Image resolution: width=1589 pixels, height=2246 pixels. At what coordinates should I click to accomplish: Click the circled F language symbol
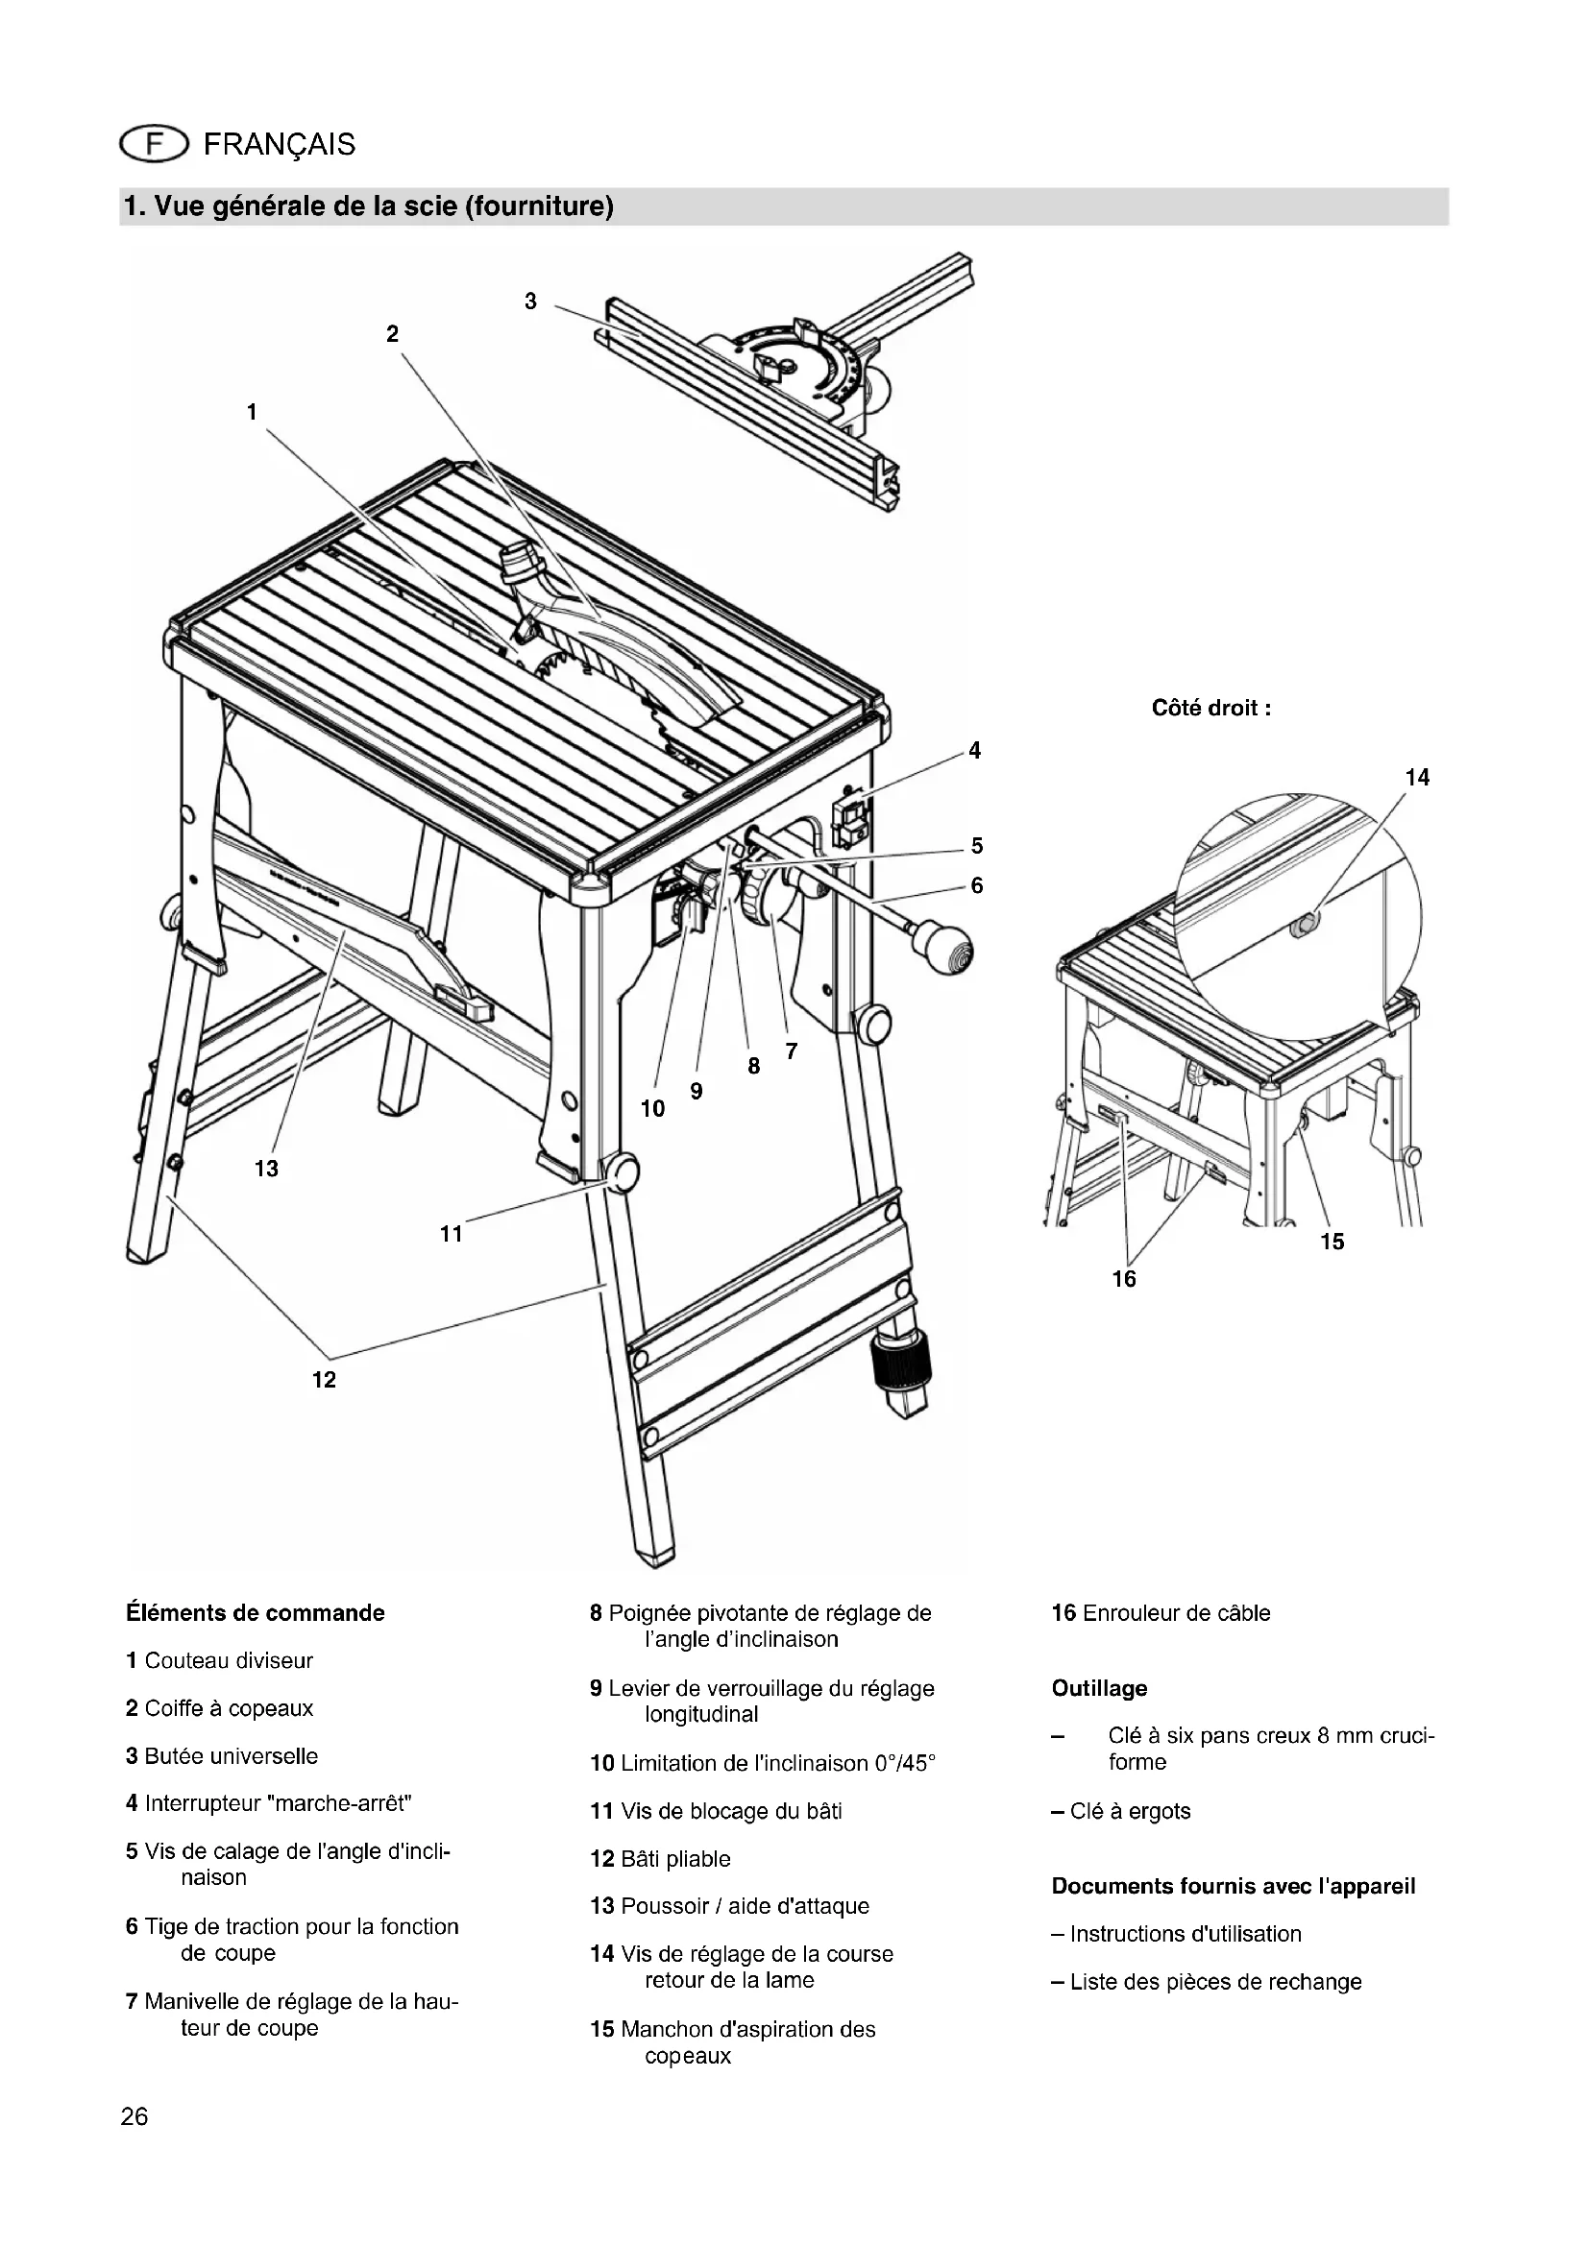(153, 145)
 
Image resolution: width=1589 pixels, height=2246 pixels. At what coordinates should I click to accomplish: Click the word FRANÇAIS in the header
(279, 145)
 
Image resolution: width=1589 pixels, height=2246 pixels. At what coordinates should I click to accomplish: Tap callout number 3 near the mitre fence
(530, 302)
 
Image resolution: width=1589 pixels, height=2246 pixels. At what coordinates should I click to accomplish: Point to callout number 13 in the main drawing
(266, 1168)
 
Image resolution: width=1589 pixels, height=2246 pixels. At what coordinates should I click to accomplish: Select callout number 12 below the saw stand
(324, 1379)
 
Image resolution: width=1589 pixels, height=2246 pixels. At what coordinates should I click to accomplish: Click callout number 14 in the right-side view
(1417, 778)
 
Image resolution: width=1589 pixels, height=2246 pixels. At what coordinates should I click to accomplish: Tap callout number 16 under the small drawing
(1124, 1278)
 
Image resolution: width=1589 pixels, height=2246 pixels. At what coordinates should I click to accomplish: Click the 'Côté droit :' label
(1211, 709)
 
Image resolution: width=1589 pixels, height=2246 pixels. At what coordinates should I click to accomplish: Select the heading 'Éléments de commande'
(256, 1613)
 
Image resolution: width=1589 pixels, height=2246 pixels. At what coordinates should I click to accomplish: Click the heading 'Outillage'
(1099, 1688)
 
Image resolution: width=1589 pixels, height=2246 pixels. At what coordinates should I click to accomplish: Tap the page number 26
(135, 2117)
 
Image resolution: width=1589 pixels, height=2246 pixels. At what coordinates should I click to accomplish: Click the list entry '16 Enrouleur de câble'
(1161, 1613)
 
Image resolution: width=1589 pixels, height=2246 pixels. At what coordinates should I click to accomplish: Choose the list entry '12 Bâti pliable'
(660, 1859)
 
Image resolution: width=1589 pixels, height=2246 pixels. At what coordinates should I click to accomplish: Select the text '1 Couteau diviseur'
(219, 1660)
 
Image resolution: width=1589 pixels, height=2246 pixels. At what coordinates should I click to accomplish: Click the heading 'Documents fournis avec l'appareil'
(1233, 1886)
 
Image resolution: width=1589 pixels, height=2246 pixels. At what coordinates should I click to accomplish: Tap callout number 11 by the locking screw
(452, 1235)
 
